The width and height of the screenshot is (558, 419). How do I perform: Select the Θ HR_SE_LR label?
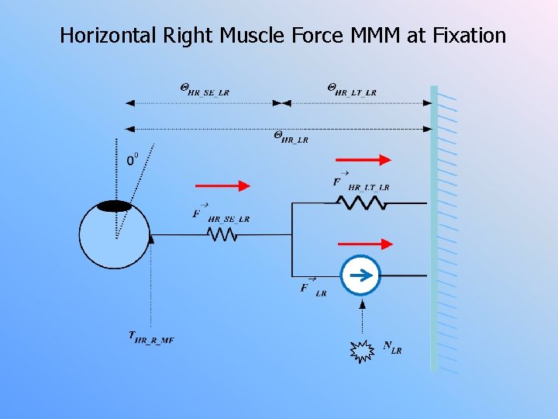pyautogui.click(x=205, y=89)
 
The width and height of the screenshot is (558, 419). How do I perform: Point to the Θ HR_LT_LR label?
pyautogui.click(x=352, y=89)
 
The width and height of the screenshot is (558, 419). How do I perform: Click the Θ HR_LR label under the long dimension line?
pyautogui.click(x=291, y=137)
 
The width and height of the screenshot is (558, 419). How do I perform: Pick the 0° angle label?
pyautogui.click(x=133, y=159)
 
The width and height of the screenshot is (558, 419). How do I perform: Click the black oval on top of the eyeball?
pyautogui.click(x=115, y=206)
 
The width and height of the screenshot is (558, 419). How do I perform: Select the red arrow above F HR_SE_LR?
pyautogui.click(x=223, y=185)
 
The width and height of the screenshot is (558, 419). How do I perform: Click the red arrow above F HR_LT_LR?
pyautogui.click(x=363, y=160)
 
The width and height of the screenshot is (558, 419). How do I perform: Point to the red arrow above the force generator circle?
pyautogui.click(x=364, y=244)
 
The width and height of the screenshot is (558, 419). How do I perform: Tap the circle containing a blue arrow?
pyautogui.click(x=361, y=275)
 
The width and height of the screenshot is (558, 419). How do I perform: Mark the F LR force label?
pyautogui.click(x=313, y=288)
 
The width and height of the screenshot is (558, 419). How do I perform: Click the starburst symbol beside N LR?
pyautogui.click(x=361, y=351)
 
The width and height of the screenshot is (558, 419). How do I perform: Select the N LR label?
pyautogui.click(x=392, y=348)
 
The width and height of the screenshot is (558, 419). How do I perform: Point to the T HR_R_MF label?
pyautogui.click(x=151, y=338)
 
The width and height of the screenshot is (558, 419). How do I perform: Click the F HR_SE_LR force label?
pyautogui.click(x=221, y=215)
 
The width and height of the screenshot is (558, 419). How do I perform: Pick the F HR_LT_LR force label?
pyautogui.click(x=360, y=183)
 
